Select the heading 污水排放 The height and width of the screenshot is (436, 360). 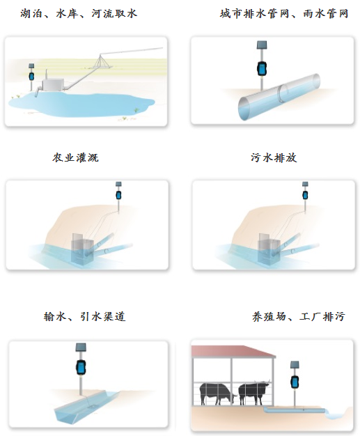click(x=274, y=157)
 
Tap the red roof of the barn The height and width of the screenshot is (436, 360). click(x=233, y=350)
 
